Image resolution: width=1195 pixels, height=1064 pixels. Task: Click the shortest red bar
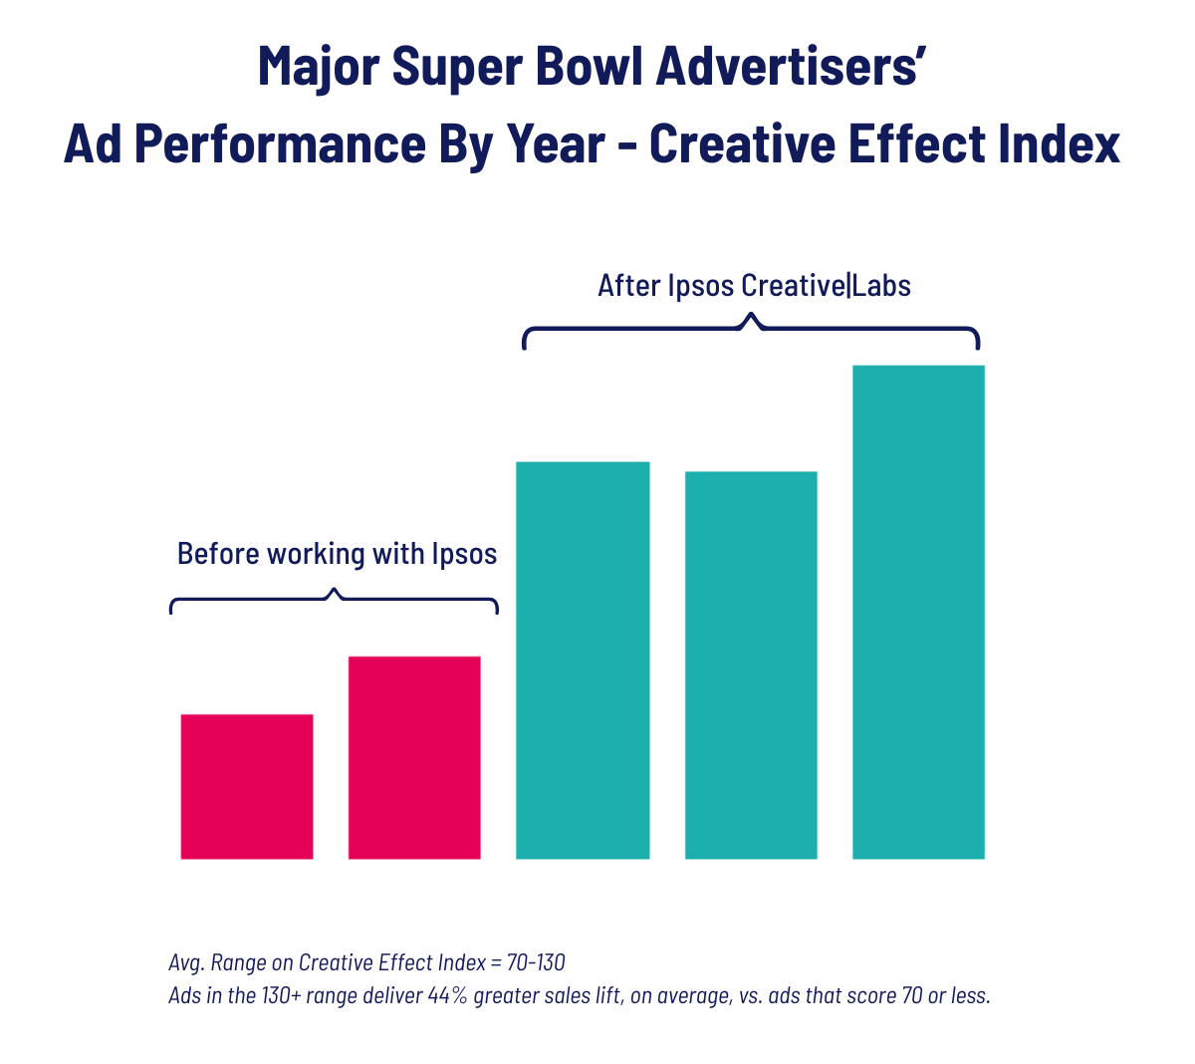tap(247, 786)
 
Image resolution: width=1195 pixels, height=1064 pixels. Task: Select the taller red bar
tap(414, 757)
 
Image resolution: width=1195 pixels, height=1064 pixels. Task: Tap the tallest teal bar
tap(918, 612)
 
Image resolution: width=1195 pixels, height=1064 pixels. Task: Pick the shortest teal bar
tap(751, 665)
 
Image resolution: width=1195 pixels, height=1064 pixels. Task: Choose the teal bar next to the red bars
tap(583, 660)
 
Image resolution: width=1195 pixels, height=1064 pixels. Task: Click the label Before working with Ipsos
tap(337, 554)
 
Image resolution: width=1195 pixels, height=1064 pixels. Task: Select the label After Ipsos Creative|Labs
tap(754, 286)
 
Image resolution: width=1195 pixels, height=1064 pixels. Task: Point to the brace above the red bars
tap(334, 600)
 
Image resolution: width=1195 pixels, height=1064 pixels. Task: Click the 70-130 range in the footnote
tap(536, 963)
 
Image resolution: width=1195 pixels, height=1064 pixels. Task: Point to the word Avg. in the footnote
tap(187, 963)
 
